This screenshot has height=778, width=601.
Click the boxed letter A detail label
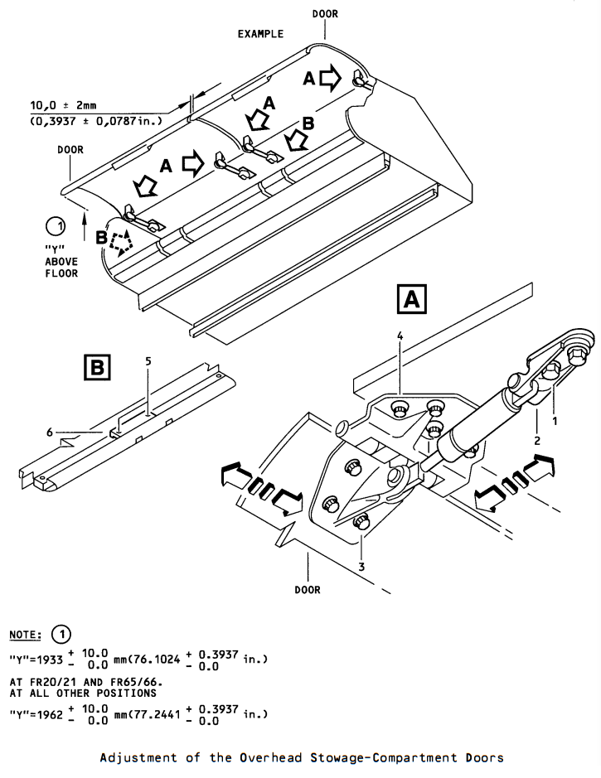tap(412, 299)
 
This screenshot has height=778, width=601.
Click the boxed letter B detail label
tap(97, 367)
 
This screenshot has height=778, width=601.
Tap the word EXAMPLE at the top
tap(260, 34)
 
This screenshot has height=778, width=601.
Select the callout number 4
tap(400, 336)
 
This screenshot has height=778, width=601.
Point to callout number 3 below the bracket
tap(361, 566)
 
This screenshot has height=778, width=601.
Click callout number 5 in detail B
tap(148, 360)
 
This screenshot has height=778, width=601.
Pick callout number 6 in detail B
tap(50, 432)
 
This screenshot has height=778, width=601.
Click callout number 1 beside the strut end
tap(555, 420)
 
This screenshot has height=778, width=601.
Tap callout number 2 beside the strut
tap(537, 440)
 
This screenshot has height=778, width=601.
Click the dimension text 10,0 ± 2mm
tap(64, 105)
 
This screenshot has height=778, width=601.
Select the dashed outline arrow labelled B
tap(121, 243)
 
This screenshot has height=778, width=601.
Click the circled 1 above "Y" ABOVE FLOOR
tap(56, 226)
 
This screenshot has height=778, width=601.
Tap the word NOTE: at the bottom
tap(26, 635)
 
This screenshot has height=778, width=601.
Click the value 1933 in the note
tap(50, 660)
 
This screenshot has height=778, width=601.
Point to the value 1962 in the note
tap(50, 714)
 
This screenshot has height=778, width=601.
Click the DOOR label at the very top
tap(325, 14)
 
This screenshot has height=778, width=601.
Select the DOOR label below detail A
tap(308, 589)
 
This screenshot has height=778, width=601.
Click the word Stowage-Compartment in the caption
tap(384, 757)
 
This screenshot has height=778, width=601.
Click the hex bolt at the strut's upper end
tap(577, 355)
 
